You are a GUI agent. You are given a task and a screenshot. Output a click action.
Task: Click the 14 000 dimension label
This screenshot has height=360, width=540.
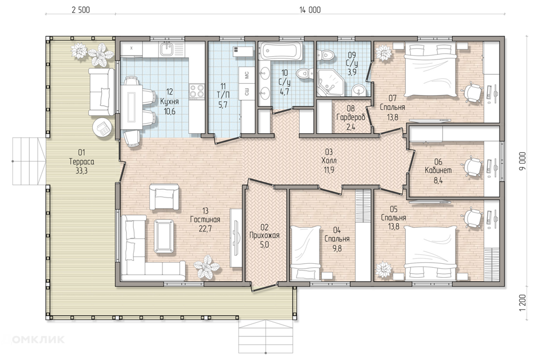(310, 10)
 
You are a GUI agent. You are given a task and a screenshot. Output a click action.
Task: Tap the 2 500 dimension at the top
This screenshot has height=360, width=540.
(80, 10)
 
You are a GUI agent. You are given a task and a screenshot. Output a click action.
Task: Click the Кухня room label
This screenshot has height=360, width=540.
(169, 102)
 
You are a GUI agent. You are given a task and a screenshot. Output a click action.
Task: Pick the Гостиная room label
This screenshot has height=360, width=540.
(205, 219)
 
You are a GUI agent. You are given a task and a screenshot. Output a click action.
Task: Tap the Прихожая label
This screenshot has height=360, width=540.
(264, 236)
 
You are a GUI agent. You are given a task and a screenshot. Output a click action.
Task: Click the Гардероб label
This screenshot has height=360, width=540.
(350, 118)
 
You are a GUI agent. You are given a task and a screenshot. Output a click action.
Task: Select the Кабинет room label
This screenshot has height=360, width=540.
(438, 170)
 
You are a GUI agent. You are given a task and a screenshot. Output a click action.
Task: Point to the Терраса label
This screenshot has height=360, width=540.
(82, 161)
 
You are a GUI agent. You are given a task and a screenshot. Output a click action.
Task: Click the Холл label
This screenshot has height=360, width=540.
(329, 160)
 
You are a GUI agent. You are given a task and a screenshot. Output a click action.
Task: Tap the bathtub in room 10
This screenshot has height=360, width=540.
(281, 51)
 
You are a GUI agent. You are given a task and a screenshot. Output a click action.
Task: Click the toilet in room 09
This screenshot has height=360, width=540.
(325, 55)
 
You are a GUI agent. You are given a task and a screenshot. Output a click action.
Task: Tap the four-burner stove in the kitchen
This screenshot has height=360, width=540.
(197, 92)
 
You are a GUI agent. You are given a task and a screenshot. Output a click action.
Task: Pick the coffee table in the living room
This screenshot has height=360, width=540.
(164, 236)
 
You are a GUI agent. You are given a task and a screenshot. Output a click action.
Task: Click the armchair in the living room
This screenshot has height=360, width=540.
(164, 197)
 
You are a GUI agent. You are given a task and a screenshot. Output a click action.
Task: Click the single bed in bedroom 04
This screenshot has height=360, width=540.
(306, 253)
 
